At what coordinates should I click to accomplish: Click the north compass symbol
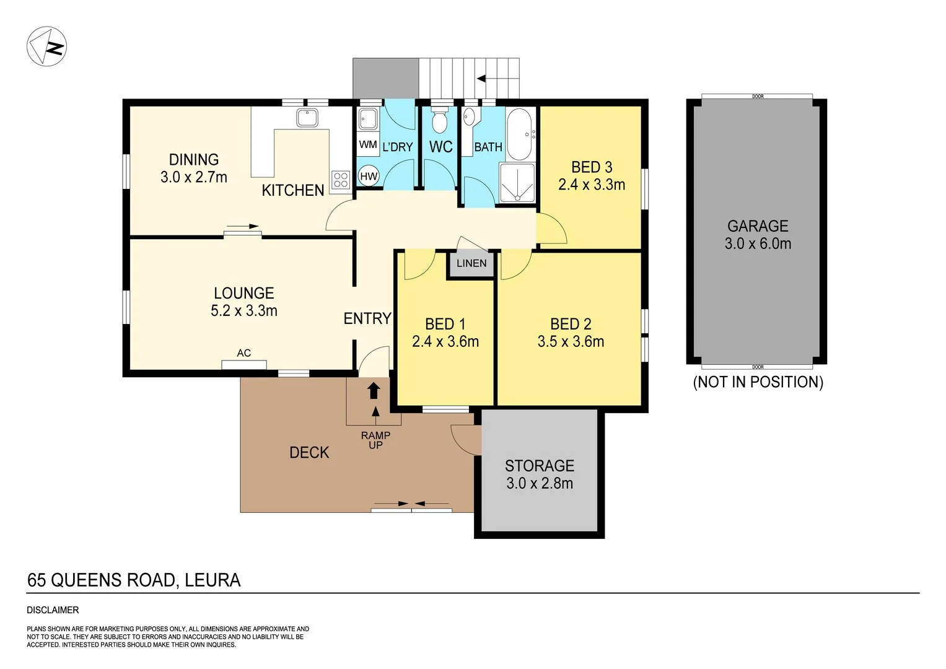click(x=46, y=46)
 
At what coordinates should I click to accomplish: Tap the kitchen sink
click(x=307, y=117)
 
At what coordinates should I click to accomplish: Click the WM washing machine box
click(x=368, y=145)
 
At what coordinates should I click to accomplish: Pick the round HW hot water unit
click(x=369, y=177)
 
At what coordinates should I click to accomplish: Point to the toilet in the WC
click(x=439, y=121)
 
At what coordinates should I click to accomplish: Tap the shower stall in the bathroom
click(x=517, y=183)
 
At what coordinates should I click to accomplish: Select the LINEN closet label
click(x=471, y=263)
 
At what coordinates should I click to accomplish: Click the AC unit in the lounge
click(x=244, y=364)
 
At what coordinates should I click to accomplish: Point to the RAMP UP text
click(x=375, y=440)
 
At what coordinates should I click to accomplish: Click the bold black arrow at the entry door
click(x=374, y=390)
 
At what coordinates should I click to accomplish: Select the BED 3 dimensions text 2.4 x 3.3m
click(x=592, y=185)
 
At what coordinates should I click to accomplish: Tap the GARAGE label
click(x=758, y=226)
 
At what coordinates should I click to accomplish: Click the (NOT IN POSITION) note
click(x=758, y=382)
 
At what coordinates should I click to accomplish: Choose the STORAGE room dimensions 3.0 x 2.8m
click(x=540, y=483)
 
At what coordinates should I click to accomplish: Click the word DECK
click(x=309, y=452)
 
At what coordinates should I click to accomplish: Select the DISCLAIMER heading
click(x=53, y=610)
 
